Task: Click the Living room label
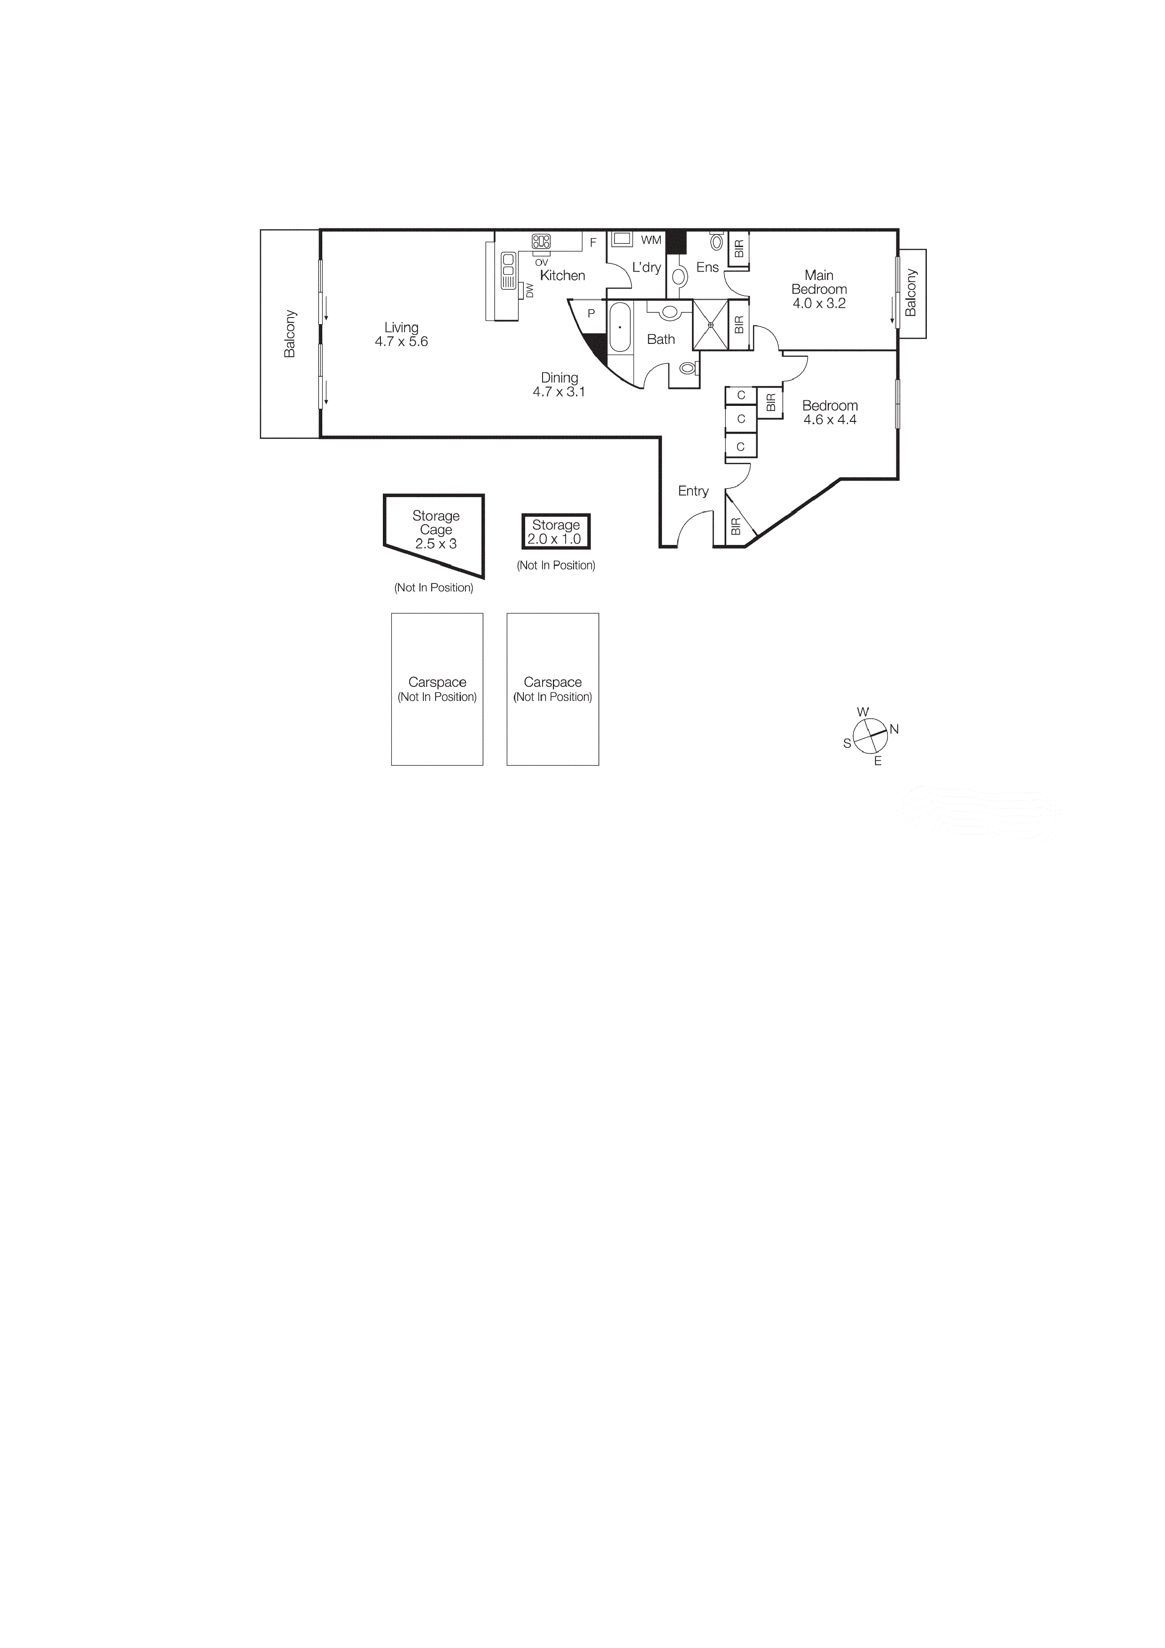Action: coord(401,327)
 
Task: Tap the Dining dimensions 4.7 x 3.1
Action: coord(559,392)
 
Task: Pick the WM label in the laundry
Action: coord(651,240)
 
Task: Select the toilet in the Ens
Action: coord(716,241)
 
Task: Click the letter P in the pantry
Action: coord(591,314)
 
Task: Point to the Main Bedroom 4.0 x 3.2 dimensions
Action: coord(819,303)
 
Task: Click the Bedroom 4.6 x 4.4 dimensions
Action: coord(830,420)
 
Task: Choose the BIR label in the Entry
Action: coord(735,527)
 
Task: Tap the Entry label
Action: coord(693,491)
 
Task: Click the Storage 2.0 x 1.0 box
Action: coord(556,532)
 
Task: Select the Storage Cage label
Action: coord(436,522)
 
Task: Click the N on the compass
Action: coord(894,729)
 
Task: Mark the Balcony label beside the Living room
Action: coord(290,334)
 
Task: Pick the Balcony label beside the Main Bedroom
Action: coord(911,293)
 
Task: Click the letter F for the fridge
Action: coord(593,242)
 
